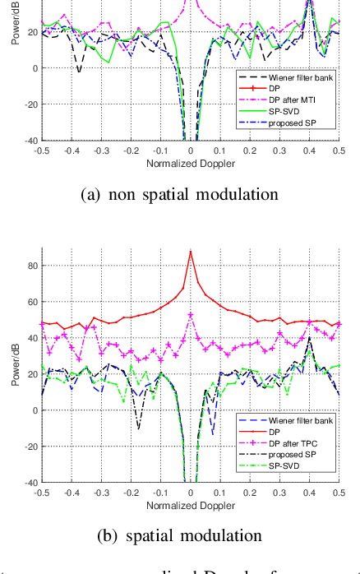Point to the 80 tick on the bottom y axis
(30, 265)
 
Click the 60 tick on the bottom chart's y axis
(30, 301)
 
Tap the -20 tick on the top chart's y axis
(27, 104)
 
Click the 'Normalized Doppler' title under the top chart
(189, 164)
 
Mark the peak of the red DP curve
(190, 252)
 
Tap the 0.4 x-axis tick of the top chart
(309, 151)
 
